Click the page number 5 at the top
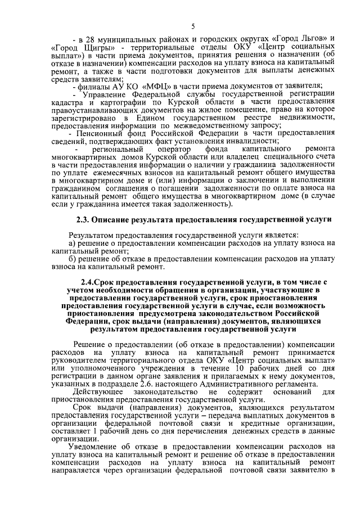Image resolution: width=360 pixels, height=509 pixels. [x=193, y=26]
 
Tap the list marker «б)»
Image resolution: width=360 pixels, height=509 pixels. [x=73, y=258]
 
